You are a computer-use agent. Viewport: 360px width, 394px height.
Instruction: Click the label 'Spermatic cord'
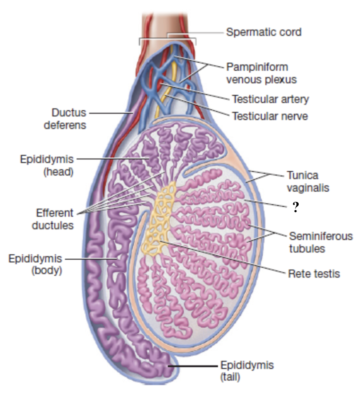pyautogui.click(x=264, y=32)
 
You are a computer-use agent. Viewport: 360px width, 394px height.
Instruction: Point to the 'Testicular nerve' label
pyautogui.click(x=270, y=116)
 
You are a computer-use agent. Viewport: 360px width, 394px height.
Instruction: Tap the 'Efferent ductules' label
pyautogui.click(x=52, y=219)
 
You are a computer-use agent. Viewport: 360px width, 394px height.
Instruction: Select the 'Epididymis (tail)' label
pyautogui.click(x=247, y=371)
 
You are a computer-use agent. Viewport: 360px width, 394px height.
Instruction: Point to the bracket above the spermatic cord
pyautogui.click(x=168, y=38)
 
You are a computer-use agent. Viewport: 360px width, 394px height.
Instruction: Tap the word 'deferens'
pyautogui.click(x=65, y=125)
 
